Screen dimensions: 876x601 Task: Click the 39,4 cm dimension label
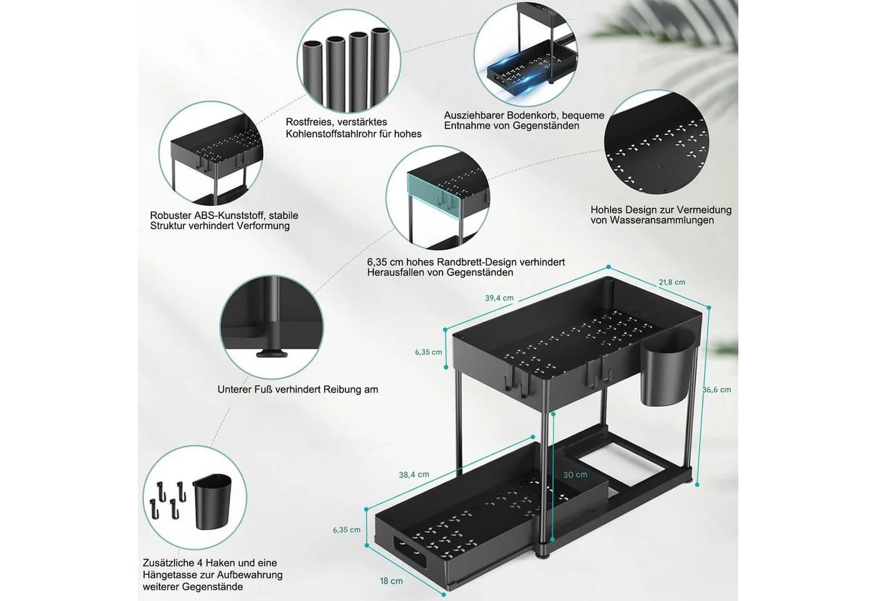click(499, 298)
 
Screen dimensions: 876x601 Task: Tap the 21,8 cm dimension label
click(672, 282)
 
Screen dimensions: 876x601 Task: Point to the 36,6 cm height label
click(716, 389)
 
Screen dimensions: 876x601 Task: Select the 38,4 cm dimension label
click(414, 475)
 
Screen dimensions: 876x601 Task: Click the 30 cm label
click(575, 475)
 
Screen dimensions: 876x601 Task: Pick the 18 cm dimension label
click(391, 581)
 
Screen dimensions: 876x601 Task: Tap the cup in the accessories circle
click(211, 501)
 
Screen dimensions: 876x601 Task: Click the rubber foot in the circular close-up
click(272, 353)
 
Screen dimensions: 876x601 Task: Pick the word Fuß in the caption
click(264, 389)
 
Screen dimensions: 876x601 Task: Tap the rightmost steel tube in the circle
click(380, 68)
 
